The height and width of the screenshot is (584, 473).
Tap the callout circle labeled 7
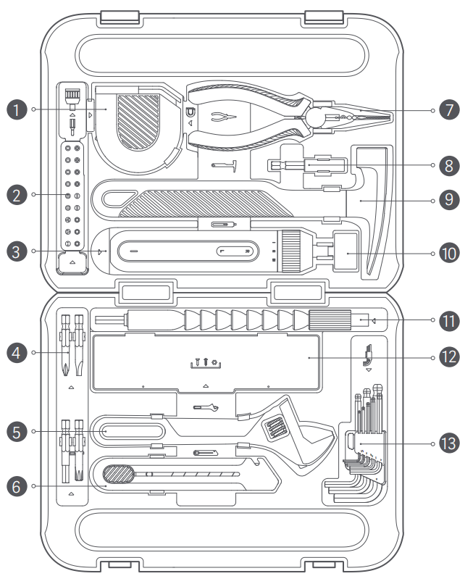(x=450, y=110)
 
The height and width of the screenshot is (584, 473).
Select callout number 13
(x=450, y=443)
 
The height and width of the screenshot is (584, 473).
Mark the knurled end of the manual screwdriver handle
(x=330, y=319)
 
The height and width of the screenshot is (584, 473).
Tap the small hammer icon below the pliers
(x=225, y=167)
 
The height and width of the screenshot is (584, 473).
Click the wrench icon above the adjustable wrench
(x=206, y=409)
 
